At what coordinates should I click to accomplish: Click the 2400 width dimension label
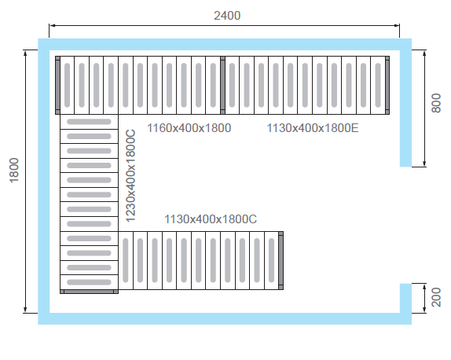click(x=227, y=16)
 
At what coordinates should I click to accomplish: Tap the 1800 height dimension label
click(x=14, y=170)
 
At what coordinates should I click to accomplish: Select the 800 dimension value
click(x=436, y=103)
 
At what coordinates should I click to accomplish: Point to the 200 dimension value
click(x=436, y=297)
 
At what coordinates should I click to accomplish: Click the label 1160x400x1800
click(x=189, y=128)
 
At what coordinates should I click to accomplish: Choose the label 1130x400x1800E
click(x=313, y=128)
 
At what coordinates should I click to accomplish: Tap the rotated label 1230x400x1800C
click(x=130, y=176)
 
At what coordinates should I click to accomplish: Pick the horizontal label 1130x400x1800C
click(x=211, y=219)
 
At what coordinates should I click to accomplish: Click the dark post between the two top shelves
click(x=222, y=85)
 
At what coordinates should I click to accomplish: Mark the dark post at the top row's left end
click(x=57, y=85)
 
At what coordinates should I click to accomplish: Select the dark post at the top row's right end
click(x=387, y=85)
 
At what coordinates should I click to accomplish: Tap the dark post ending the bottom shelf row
click(x=281, y=260)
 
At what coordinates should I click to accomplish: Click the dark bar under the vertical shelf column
click(x=89, y=292)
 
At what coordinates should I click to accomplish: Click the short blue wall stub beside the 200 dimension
click(x=405, y=298)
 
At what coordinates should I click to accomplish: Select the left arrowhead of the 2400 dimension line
click(x=52, y=26)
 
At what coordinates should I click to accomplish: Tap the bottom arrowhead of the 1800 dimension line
click(x=25, y=310)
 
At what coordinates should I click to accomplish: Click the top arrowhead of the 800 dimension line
click(x=424, y=53)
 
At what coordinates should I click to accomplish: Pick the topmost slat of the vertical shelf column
click(x=89, y=122)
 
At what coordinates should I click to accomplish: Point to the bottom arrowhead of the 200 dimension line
click(x=424, y=310)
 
